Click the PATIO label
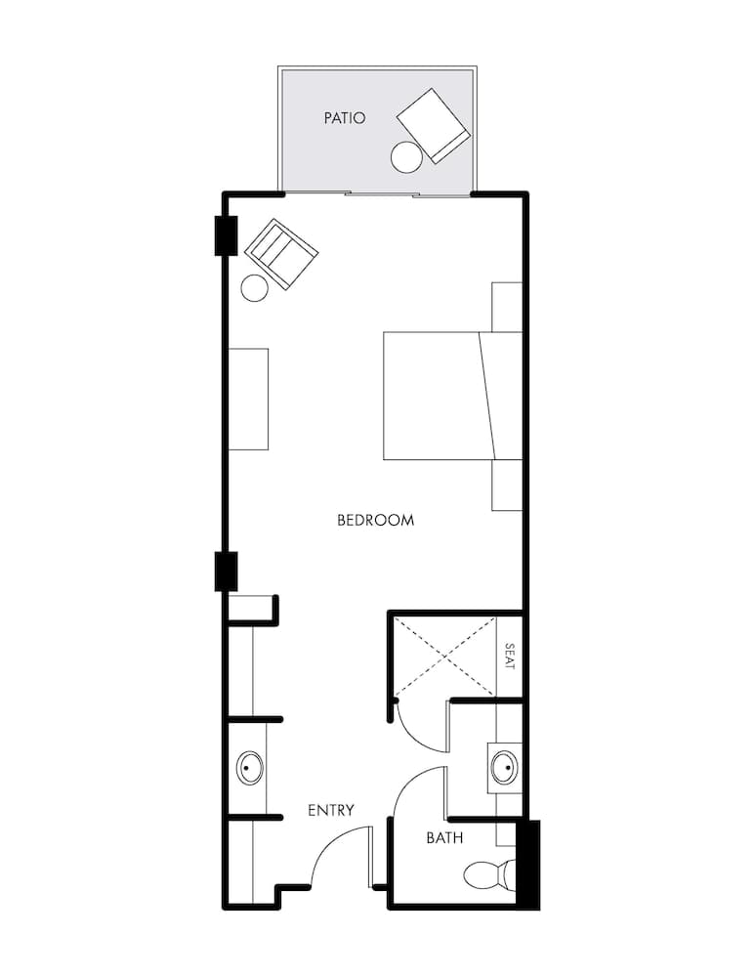[345, 118]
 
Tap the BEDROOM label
[375, 520]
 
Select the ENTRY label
[330, 810]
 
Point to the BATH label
[444, 838]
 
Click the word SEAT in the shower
[509, 656]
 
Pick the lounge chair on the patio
[434, 125]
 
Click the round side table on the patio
[405, 156]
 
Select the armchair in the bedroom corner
[281, 253]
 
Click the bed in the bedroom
[451, 396]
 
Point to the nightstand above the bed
[507, 307]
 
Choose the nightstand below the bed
[507, 485]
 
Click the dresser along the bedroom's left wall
[248, 399]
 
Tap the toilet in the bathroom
[487, 874]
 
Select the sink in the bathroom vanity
[505, 768]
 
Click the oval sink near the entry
[250, 769]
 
